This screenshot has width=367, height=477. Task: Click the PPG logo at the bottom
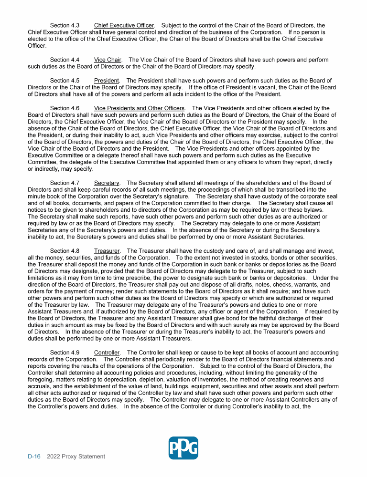point(183,448)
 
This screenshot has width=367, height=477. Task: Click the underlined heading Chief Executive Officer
point(124,25)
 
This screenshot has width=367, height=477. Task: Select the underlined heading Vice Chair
point(108,60)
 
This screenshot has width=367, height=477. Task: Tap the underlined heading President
point(107,81)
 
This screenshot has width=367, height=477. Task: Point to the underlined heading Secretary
point(107,183)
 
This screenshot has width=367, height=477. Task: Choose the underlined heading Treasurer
point(107,250)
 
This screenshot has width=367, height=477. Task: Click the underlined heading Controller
point(107,353)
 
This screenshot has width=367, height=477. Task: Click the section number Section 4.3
point(65,25)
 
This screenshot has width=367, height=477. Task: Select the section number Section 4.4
point(65,60)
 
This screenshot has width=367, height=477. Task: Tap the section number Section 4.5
point(65,81)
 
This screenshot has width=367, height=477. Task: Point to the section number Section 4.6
point(65,108)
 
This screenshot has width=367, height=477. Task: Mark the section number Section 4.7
point(65,183)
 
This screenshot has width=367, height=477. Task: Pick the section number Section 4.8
point(65,250)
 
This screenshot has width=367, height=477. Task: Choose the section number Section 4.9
point(65,353)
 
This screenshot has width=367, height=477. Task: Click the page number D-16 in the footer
point(34,456)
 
